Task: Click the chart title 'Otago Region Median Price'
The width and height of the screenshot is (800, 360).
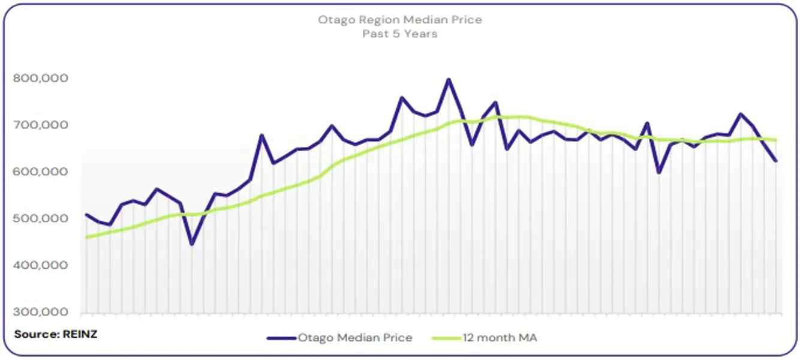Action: click(399, 20)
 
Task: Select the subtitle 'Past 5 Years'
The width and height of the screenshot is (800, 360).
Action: click(399, 34)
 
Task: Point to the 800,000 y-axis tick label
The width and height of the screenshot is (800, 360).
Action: click(40, 78)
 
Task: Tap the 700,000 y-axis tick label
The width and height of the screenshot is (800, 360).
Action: click(40, 125)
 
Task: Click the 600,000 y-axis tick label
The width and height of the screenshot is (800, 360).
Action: click(40, 172)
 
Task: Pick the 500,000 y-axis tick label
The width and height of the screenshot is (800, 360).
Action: click(40, 218)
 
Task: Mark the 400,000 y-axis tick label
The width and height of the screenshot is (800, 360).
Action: click(40, 265)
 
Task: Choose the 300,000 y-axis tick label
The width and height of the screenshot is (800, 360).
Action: click(40, 312)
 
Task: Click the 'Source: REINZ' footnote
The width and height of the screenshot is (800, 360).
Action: click(55, 334)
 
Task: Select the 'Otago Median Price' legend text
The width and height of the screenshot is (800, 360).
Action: click(355, 338)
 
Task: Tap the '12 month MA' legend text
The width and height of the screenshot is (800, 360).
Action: click(500, 338)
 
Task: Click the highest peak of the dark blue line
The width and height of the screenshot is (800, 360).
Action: click(448, 79)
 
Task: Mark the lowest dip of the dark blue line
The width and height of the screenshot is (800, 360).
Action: click(192, 244)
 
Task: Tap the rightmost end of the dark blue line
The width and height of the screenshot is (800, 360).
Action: click(776, 161)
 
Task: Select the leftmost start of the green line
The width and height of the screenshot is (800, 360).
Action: click(86, 237)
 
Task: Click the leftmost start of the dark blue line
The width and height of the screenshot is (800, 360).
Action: click(86, 214)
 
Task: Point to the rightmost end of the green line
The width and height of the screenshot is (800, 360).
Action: click(776, 140)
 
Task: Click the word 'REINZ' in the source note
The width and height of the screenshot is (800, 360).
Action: click(79, 334)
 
